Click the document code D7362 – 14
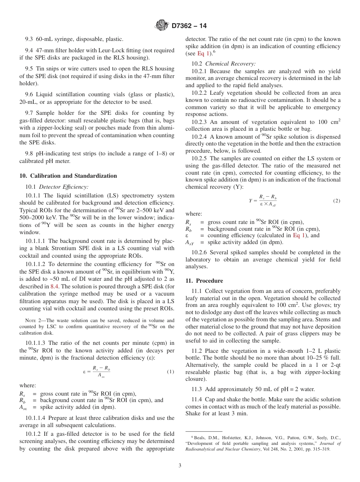pyautogui.click(x=189, y=26)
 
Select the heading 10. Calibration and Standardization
pyautogui.click(x=68, y=176)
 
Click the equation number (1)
pyautogui.click(x=170, y=372)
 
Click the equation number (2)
pyautogui.click(x=337, y=200)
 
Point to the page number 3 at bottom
pyautogui.click(x=180, y=465)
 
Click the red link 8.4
pyautogui.click(x=55, y=286)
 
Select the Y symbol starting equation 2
pyautogui.click(x=250, y=201)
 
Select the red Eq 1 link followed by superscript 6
pyautogui.click(x=203, y=53)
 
